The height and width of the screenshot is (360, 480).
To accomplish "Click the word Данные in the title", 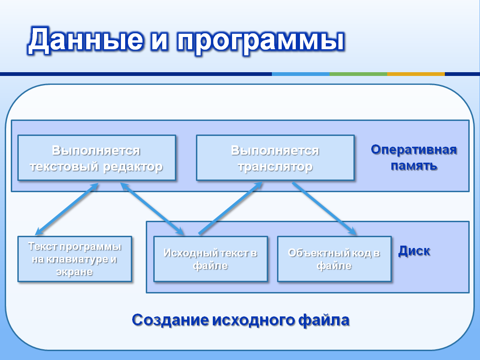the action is [x=85, y=40].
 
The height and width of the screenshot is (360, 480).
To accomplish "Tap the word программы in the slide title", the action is [x=261, y=41].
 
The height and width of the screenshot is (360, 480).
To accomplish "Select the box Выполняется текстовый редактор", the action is [x=97, y=157].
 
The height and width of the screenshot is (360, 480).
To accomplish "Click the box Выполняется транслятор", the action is [x=275, y=157].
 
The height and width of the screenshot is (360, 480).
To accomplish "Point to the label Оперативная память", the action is [x=414, y=157].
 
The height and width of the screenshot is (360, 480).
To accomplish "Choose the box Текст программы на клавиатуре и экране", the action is [x=75, y=259].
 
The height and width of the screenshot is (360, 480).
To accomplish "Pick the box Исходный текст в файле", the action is [x=210, y=259].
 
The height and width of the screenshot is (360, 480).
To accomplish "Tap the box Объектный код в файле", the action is [x=334, y=259].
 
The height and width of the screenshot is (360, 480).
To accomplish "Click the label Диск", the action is [x=414, y=251].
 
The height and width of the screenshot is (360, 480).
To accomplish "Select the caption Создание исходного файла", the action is [x=240, y=320].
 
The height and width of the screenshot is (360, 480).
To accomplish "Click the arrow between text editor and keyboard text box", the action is [x=67, y=209].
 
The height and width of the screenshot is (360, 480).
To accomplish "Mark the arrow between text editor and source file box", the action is [x=152, y=209].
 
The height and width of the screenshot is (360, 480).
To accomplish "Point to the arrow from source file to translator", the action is [x=231, y=209].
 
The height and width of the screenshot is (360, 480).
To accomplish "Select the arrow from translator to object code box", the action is [x=324, y=209].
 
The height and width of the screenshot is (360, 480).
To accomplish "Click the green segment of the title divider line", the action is [x=358, y=74].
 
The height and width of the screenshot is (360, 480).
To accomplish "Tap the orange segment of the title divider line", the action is [x=416, y=74].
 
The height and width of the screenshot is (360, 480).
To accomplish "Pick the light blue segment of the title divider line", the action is [x=300, y=74].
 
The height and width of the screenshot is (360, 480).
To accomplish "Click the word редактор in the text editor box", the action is [x=133, y=167].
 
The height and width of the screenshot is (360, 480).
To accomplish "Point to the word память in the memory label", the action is [x=414, y=165].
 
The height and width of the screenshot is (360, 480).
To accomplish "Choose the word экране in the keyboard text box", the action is [x=75, y=272].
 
